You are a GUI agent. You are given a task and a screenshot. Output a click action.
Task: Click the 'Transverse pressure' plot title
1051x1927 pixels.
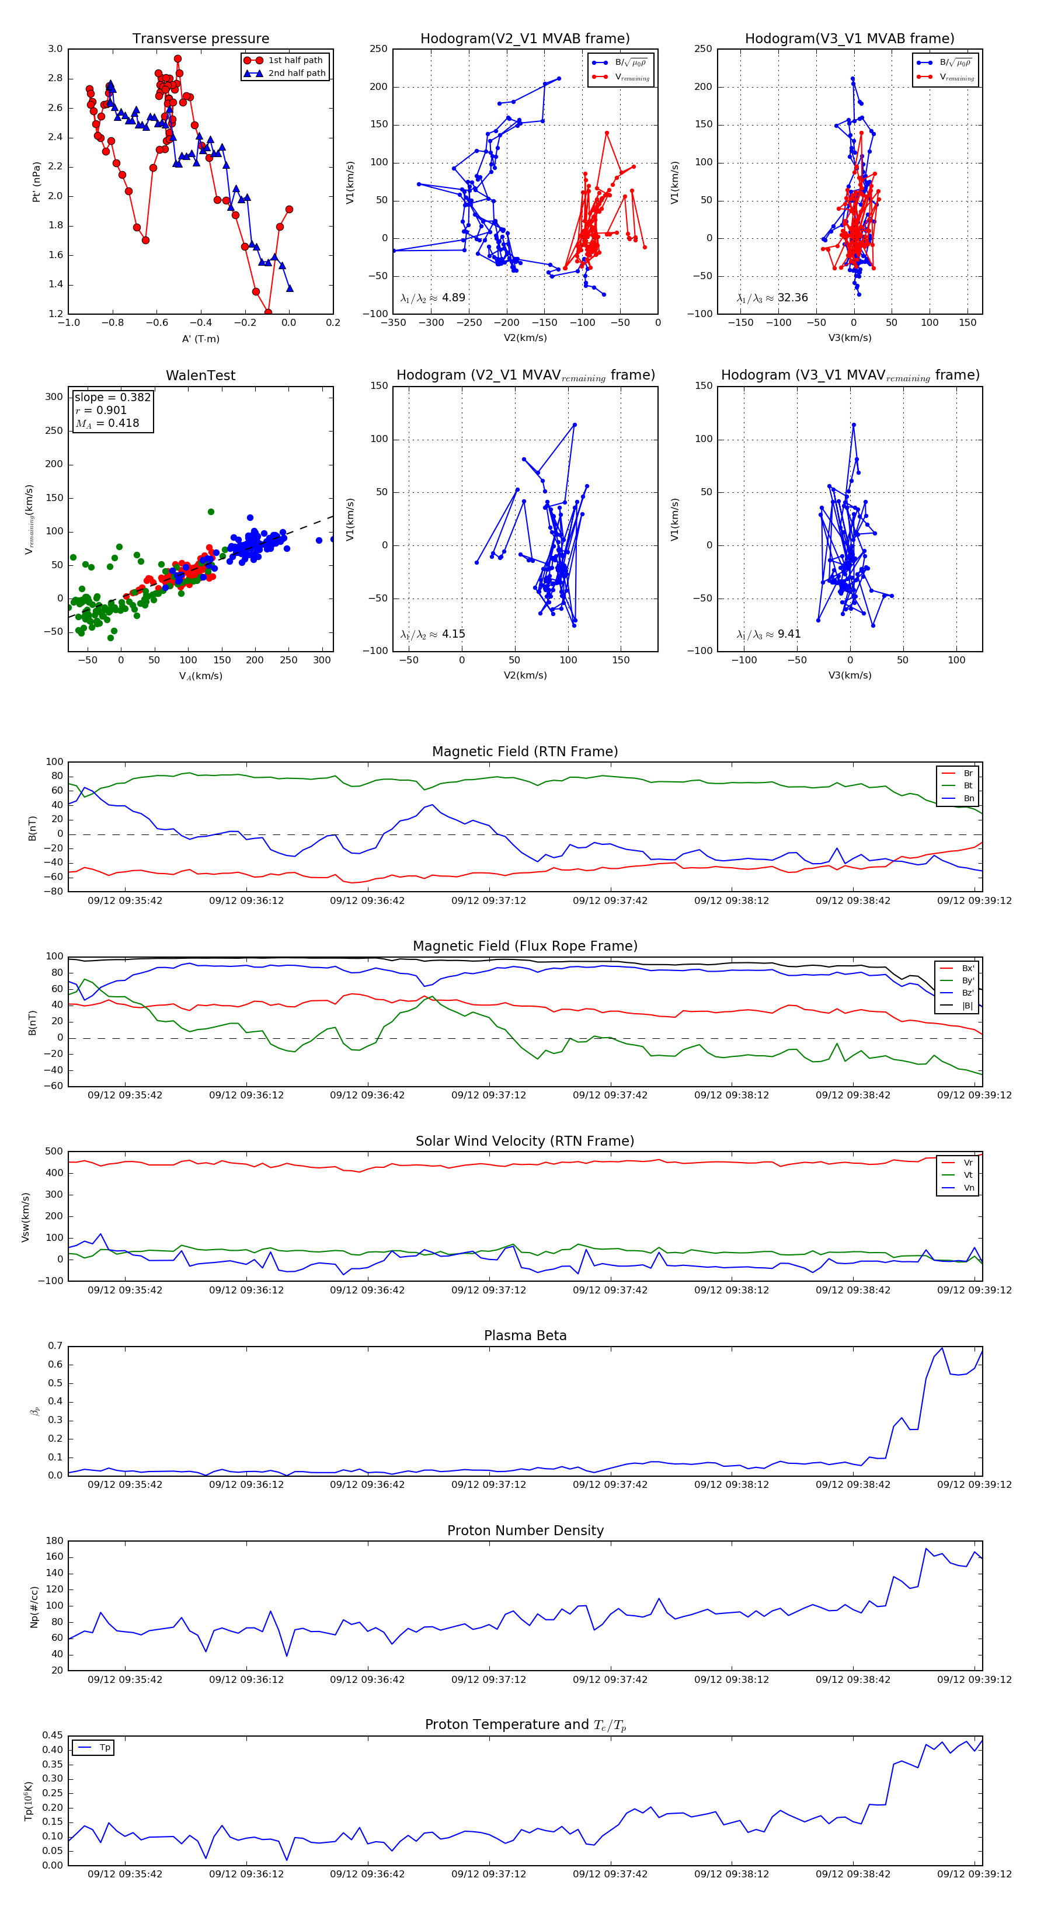[200, 39]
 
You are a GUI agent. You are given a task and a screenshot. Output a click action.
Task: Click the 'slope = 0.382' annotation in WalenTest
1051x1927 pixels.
[112, 397]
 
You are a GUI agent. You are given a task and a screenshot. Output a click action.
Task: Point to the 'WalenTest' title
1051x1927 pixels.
[200, 375]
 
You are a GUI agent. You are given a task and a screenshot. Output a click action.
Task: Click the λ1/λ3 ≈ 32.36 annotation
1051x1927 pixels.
[772, 298]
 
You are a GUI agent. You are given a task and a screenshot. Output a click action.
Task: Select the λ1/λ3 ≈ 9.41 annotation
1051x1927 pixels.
[768, 634]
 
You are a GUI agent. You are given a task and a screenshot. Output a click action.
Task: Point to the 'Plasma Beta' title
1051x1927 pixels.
[525, 1335]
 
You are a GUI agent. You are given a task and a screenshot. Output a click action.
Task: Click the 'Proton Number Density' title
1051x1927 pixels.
[525, 1531]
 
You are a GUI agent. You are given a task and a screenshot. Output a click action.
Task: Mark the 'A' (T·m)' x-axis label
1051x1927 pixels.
[200, 339]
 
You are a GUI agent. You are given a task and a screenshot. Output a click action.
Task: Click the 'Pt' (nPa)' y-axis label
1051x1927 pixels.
[36, 182]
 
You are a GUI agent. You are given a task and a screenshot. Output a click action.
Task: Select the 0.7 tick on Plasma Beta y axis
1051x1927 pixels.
[55, 1346]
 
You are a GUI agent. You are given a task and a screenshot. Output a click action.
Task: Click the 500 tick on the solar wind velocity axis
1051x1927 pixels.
[54, 1152]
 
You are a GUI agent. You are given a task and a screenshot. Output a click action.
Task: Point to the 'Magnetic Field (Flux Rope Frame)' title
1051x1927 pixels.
[525, 947]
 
